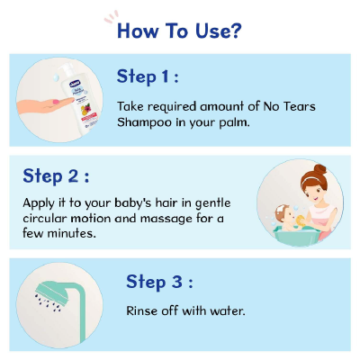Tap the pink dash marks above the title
point(111,16)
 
